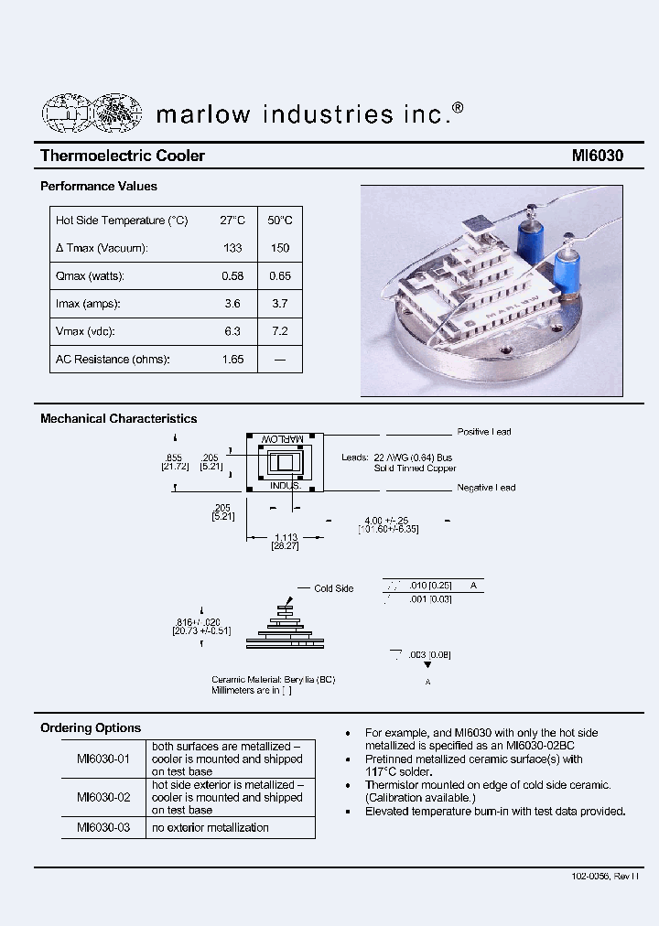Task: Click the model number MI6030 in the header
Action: [x=597, y=156]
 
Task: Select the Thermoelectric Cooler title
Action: [x=123, y=156]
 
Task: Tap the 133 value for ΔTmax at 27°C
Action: [x=232, y=248]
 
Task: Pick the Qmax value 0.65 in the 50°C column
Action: [x=280, y=275]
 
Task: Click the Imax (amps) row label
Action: [x=88, y=304]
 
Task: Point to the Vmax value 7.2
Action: [x=280, y=331]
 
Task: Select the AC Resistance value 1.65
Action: [x=232, y=360]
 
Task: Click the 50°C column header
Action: [x=280, y=221]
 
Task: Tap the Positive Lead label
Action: [x=484, y=432]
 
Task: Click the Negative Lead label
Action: [x=486, y=488]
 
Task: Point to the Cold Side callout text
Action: [x=333, y=588]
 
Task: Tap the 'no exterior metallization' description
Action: [x=211, y=827]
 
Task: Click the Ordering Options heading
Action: [x=91, y=728]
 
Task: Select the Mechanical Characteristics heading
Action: [x=118, y=419]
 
